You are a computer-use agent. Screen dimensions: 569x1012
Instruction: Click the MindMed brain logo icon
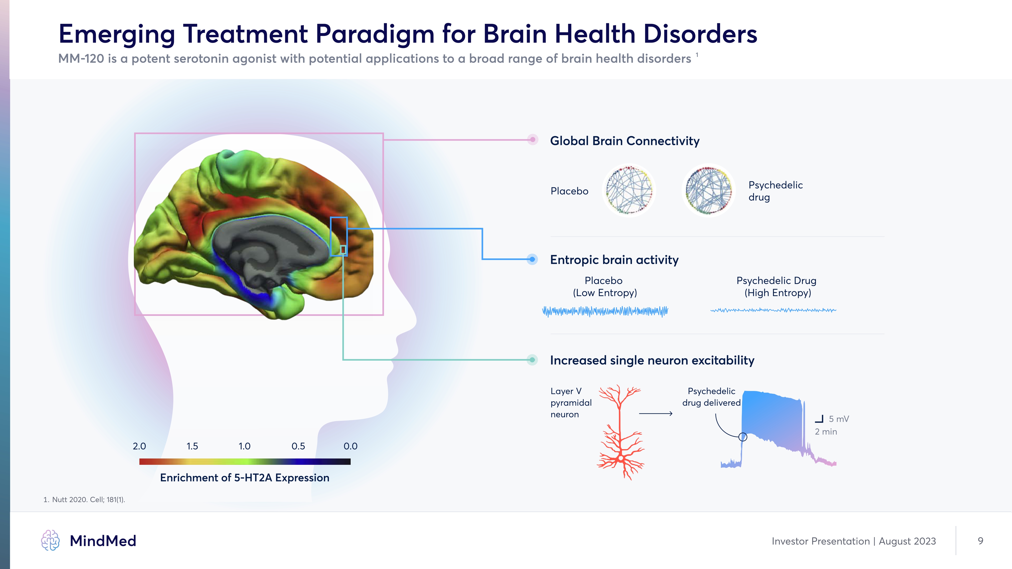point(50,540)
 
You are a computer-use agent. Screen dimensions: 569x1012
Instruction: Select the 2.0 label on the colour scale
point(139,446)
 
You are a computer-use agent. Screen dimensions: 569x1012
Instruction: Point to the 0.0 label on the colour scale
point(350,446)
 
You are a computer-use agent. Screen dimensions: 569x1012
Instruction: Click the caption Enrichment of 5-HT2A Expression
point(244,477)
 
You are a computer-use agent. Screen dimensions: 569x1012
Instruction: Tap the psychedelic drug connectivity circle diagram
point(708,190)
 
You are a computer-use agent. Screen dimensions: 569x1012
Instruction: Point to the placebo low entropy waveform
point(605,311)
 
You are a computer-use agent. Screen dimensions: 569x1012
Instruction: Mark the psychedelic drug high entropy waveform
point(773,310)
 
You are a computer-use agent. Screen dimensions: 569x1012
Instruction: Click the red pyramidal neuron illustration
point(620,432)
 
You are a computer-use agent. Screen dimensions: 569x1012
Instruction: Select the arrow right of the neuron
point(656,413)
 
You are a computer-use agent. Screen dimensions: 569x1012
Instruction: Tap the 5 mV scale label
point(839,419)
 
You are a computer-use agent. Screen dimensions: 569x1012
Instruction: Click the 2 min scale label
point(826,432)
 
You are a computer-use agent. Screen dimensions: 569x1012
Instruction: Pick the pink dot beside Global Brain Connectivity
point(532,139)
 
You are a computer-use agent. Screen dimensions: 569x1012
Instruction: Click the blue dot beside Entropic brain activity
point(532,259)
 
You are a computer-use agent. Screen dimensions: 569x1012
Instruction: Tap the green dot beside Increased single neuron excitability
point(532,360)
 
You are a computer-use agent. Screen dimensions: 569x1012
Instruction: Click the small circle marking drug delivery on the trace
point(743,437)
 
